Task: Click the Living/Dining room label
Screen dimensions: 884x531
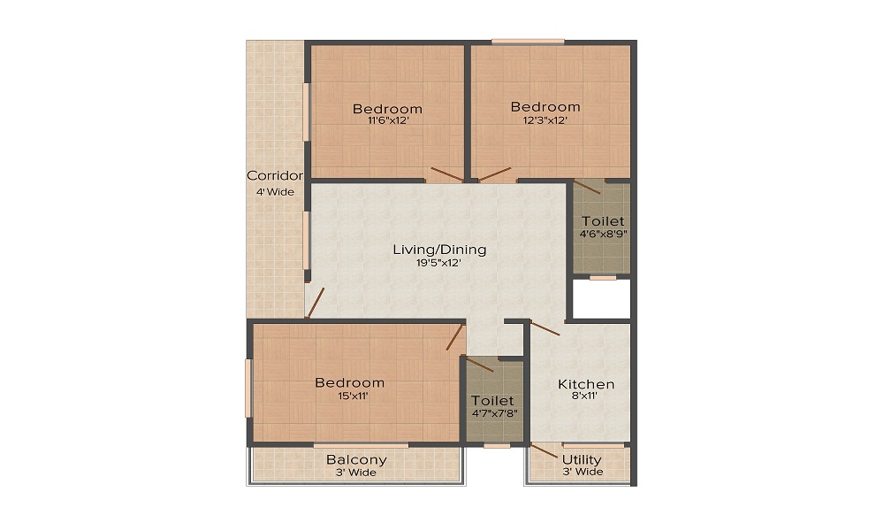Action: click(x=439, y=250)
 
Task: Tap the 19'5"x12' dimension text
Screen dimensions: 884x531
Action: click(x=439, y=262)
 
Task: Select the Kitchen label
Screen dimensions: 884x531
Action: click(x=586, y=384)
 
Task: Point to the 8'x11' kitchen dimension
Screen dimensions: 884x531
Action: click(x=584, y=396)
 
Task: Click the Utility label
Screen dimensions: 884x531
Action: click(x=582, y=460)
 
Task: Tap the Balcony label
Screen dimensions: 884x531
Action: click(x=356, y=460)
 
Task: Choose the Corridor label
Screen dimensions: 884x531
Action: click(x=275, y=175)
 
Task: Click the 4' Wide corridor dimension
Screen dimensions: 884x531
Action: click(x=275, y=192)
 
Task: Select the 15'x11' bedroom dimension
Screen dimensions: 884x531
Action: click(x=353, y=396)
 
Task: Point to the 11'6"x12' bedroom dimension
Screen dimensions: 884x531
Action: click(x=388, y=120)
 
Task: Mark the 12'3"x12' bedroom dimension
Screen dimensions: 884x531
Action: click(x=545, y=120)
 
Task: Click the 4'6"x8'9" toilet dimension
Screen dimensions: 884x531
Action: click(x=603, y=234)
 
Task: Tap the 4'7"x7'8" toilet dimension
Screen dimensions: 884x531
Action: click(x=494, y=413)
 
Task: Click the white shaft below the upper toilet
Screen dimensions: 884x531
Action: click(x=601, y=298)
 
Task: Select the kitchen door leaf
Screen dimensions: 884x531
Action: click(x=545, y=328)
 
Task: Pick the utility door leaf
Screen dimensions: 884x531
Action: click(x=544, y=450)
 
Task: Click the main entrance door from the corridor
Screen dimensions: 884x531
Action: click(x=316, y=303)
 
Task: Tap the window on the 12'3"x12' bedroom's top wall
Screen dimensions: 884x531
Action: click(x=528, y=42)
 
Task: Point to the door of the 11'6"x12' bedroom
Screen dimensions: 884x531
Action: click(x=447, y=174)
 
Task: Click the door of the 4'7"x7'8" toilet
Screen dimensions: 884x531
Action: click(x=478, y=364)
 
